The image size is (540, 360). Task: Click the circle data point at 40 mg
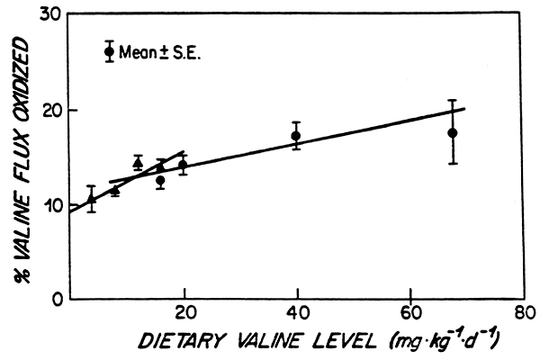tap(296, 136)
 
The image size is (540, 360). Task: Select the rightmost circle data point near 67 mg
tap(453, 132)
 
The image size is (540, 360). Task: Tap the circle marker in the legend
tap(110, 51)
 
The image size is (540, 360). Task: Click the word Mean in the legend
tap(140, 51)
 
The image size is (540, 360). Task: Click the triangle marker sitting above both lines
tap(138, 162)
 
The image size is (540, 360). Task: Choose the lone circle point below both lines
tap(160, 181)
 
